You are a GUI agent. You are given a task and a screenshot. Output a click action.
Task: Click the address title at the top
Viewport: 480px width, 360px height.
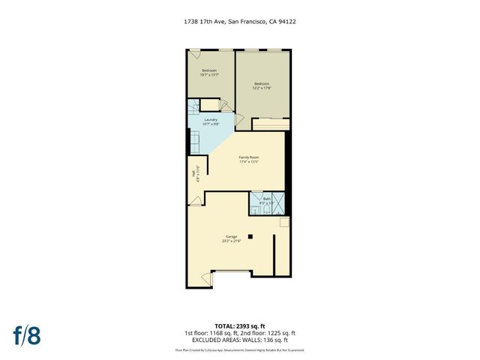(x=239, y=22)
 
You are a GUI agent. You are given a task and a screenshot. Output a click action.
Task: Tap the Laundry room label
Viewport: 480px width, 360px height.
(x=211, y=121)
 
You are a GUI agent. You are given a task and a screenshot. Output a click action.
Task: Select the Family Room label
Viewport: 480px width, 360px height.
(x=249, y=160)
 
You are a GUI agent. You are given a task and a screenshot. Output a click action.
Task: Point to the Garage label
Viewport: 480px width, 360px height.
(x=229, y=239)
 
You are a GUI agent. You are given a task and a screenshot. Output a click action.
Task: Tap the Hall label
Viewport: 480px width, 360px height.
(x=195, y=173)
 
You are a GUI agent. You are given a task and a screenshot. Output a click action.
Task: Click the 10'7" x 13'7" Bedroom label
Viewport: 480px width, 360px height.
(x=208, y=73)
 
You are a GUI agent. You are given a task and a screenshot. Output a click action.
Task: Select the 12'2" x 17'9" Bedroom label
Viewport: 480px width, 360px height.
(x=261, y=85)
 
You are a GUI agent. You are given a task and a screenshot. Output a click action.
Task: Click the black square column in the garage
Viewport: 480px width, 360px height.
(x=252, y=237)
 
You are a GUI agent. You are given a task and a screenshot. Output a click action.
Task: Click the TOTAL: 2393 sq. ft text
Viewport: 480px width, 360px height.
(x=240, y=325)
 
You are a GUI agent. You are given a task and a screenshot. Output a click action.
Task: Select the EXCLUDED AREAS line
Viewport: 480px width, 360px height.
(x=240, y=340)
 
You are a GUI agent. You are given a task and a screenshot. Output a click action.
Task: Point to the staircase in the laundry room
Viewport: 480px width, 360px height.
(x=193, y=139)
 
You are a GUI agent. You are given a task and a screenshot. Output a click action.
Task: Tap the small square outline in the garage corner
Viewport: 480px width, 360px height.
(x=284, y=223)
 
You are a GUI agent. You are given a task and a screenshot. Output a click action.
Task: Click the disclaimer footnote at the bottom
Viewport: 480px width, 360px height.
(x=240, y=349)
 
